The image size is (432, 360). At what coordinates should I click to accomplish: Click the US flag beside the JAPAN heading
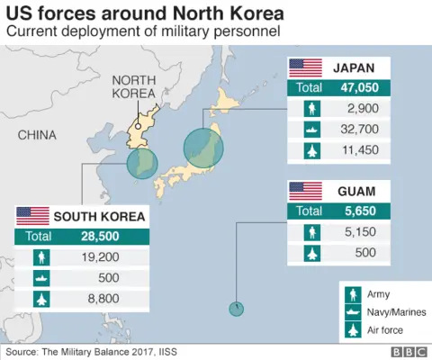[x=305, y=67]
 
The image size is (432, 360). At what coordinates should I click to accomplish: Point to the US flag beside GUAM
[x=305, y=191]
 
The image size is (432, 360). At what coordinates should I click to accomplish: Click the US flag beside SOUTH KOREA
[x=33, y=216]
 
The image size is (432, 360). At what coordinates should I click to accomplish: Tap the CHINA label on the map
[x=37, y=135]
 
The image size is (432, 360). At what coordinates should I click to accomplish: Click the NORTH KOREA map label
[x=134, y=86]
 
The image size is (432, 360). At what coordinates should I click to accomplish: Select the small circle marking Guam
[x=236, y=309]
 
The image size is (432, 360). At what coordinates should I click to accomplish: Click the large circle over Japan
[x=203, y=148]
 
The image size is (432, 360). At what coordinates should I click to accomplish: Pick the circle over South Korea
[x=141, y=165]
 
